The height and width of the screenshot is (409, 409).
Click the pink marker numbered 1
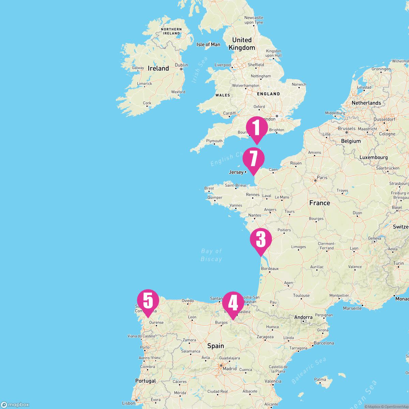pyautogui.click(x=257, y=128)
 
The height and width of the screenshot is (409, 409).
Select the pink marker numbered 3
pyautogui.click(x=261, y=240)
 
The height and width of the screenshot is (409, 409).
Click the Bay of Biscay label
pyautogui.click(x=211, y=255)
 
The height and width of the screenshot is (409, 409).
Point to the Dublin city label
pyautogui.click(x=181, y=65)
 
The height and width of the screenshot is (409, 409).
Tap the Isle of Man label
pyautogui.click(x=208, y=44)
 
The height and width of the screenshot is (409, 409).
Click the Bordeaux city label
pyautogui.click(x=270, y=269)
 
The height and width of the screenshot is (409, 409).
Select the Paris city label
pyautogui.click(x=322, y=178)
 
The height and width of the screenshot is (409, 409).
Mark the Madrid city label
pyautogui.click(x=229, y=368)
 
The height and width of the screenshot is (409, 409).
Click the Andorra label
pyautogui.click(x=303, y=317)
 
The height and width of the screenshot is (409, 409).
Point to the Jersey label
pyautogui.click(x=236, y=172)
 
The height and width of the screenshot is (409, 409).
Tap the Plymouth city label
pyautogui.click(x=214, y=141)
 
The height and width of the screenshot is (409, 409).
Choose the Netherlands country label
pyautogui.click(x=366, y=103)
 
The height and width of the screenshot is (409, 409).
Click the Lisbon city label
pyautogui.click(x=128, y=403)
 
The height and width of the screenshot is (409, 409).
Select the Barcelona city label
pyautogui.click(x=324, y=343)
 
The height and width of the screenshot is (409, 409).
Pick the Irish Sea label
pyautogui.click(x=200, y=70)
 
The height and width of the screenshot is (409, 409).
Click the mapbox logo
pyautogui.click(x=15, y=405)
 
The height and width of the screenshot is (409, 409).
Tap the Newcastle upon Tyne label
pyautogui.click(x=254, y=20)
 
